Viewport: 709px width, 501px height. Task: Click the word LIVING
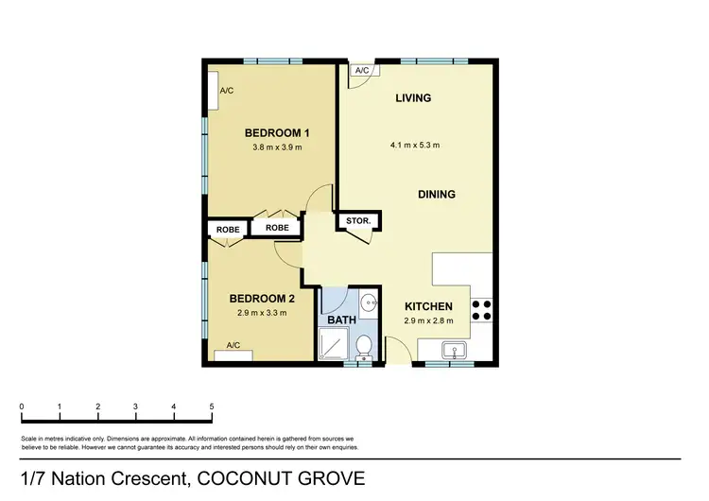(413, 98)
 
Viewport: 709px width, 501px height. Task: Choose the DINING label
(437, 194)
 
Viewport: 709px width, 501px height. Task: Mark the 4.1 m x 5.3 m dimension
(414, 146)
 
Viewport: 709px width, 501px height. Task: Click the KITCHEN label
(428, 306)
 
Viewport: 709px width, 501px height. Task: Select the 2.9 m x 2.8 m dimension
(428, 321)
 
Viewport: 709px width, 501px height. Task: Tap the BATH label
(340, 320)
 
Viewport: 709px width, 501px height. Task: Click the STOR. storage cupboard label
(357, 223)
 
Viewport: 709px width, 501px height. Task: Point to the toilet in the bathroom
(362, 348)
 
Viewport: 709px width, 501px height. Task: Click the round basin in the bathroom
(370, 303)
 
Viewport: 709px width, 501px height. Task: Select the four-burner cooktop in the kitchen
(480, 311)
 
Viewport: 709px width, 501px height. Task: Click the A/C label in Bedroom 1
(227, 91)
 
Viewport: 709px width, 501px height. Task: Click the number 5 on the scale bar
(212, 406)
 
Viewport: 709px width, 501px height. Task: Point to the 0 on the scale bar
(22, 406)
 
